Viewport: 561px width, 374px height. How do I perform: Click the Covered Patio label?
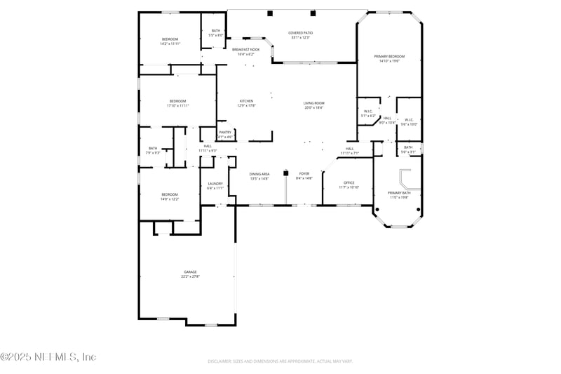(x=300, y=33)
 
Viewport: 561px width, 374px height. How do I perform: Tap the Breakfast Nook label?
(x=245, y=50)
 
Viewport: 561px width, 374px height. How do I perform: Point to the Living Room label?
(x=313, y=103)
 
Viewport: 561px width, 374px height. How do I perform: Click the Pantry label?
(x=225, y=132)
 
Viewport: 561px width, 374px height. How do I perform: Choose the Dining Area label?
(x=259, y=173)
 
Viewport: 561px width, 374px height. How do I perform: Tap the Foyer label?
(x=304, y=173)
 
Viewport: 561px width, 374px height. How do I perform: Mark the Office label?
(x=349, y=183)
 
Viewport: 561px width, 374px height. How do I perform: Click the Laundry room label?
(x=215, y=184)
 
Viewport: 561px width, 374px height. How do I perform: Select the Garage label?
(x=190, y=272)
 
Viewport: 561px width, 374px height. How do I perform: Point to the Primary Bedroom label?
(x=389, y=56)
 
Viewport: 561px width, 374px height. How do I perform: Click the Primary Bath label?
(x=398, y=193)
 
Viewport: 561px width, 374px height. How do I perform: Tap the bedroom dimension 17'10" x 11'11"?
(x=177, y=106)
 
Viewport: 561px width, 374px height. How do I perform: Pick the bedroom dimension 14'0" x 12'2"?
(x=170, y=199)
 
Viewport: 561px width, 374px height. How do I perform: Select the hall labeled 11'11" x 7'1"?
(x=350, y=153)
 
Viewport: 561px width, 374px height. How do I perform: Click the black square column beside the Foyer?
(x=285, y=171)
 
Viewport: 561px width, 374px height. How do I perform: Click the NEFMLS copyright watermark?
(x=48, y=357)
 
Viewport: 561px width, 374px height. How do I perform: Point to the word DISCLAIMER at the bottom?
(x=222, y=361)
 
